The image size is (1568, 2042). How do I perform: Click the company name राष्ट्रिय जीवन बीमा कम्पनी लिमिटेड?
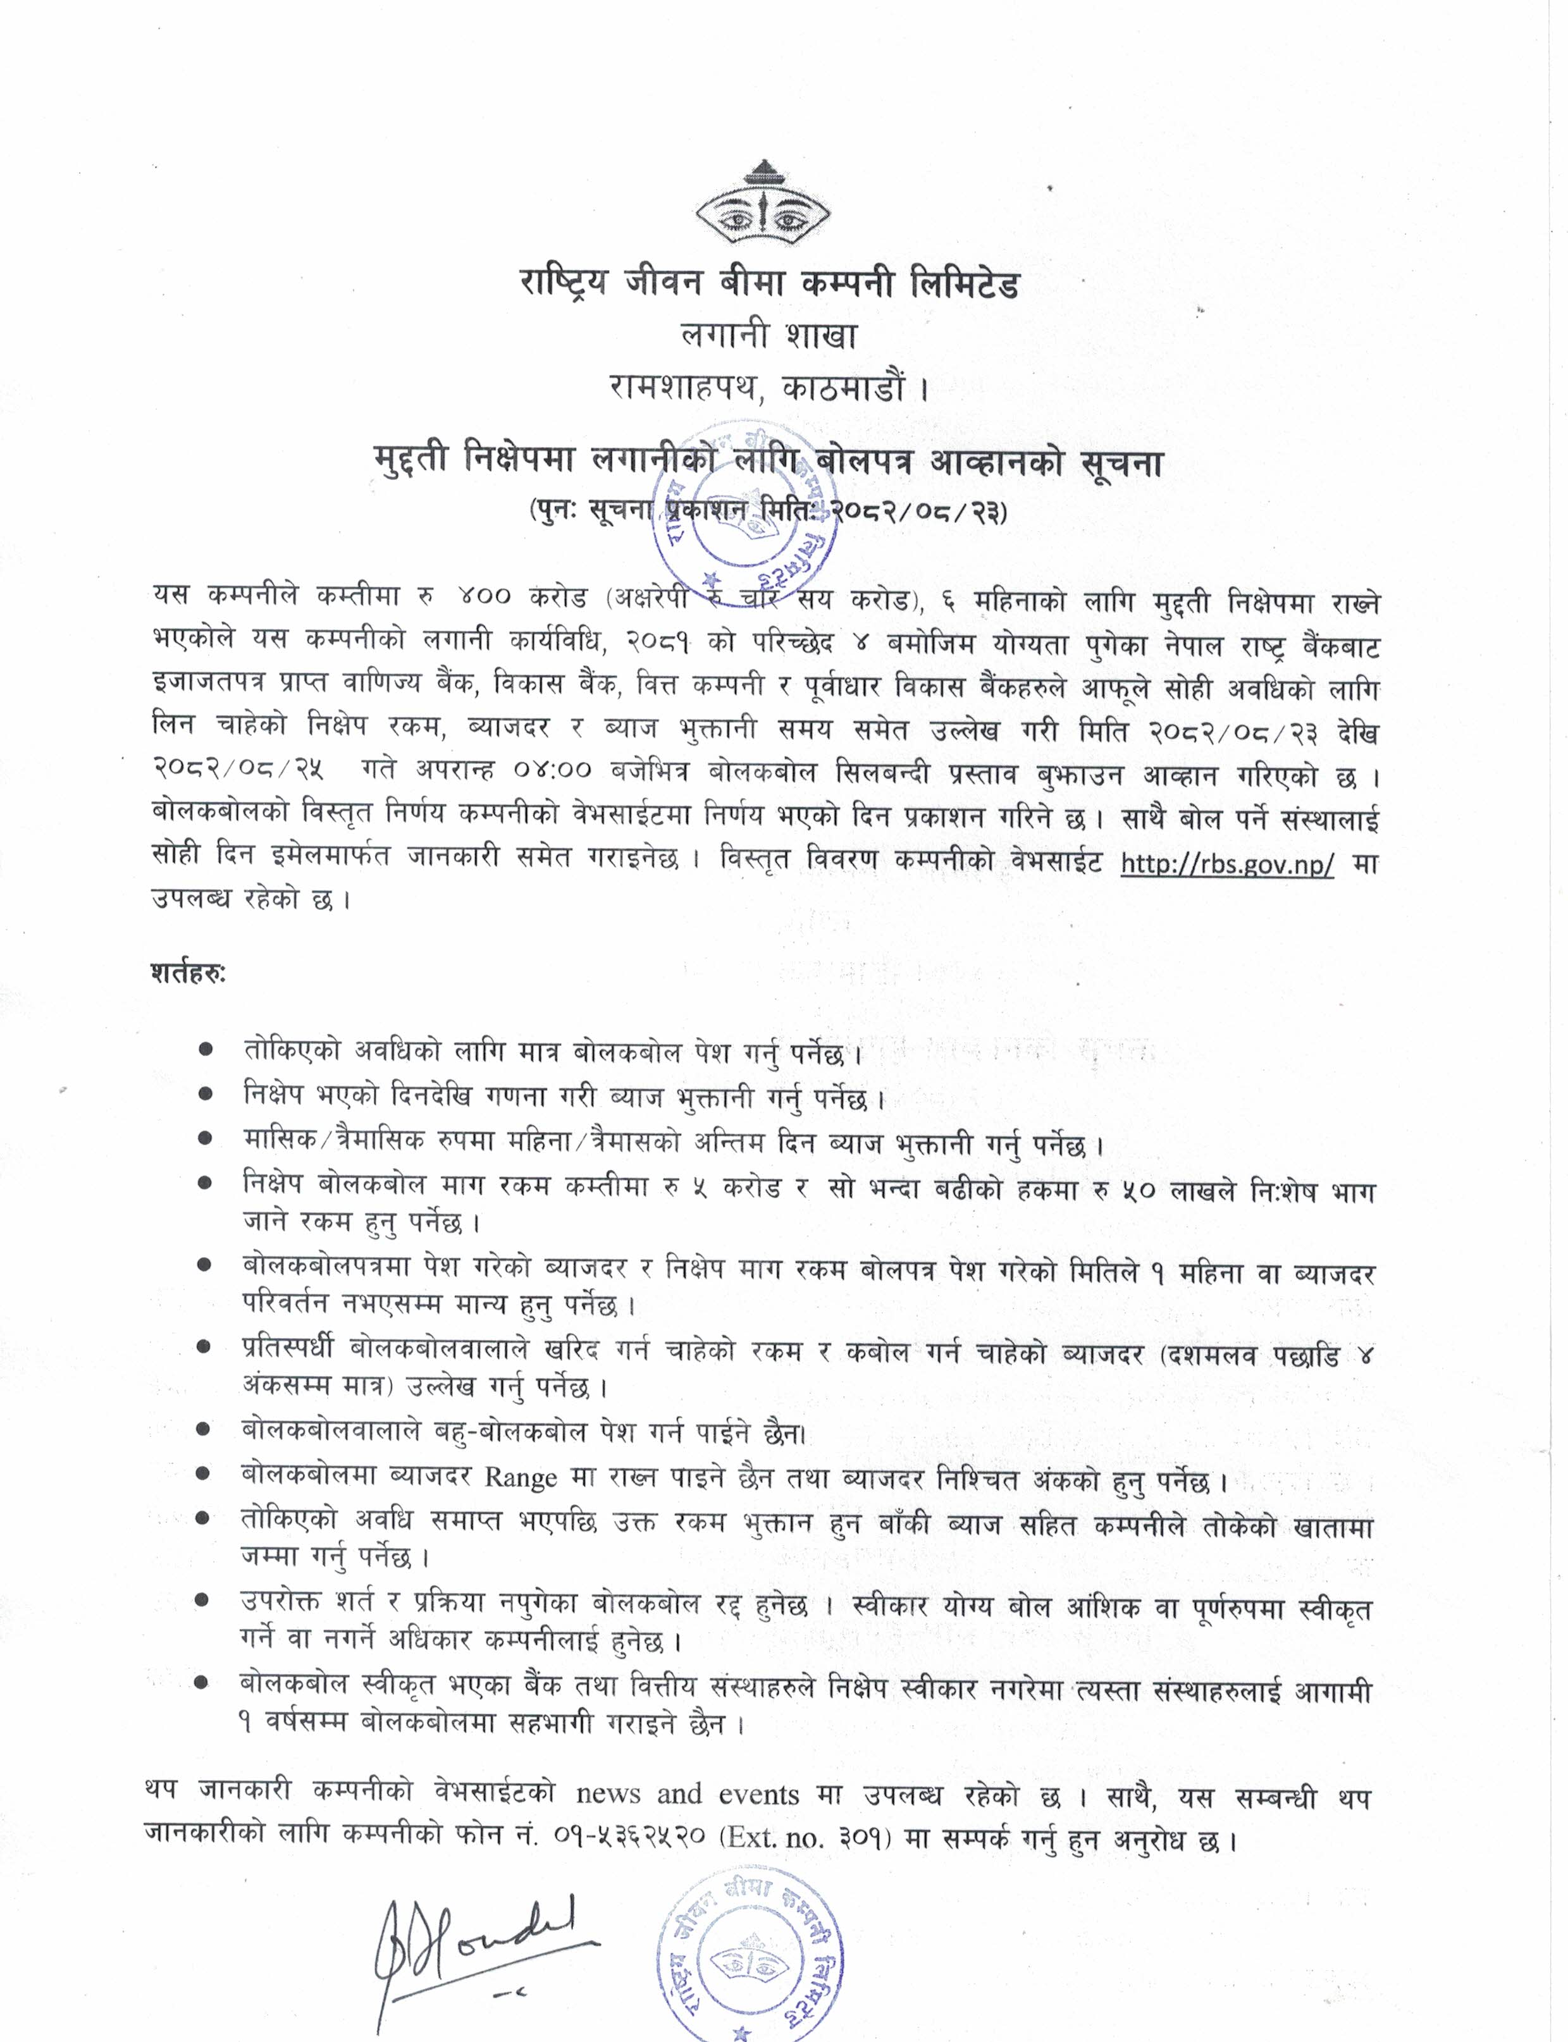pos(770,283)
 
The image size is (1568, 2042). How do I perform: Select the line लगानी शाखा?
pos(769,335)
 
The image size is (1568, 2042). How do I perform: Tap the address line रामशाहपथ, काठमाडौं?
pos(769,387)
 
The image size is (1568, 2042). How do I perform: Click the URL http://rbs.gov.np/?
pos(1226,863)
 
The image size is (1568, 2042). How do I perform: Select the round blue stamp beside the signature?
pos(748,1952)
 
